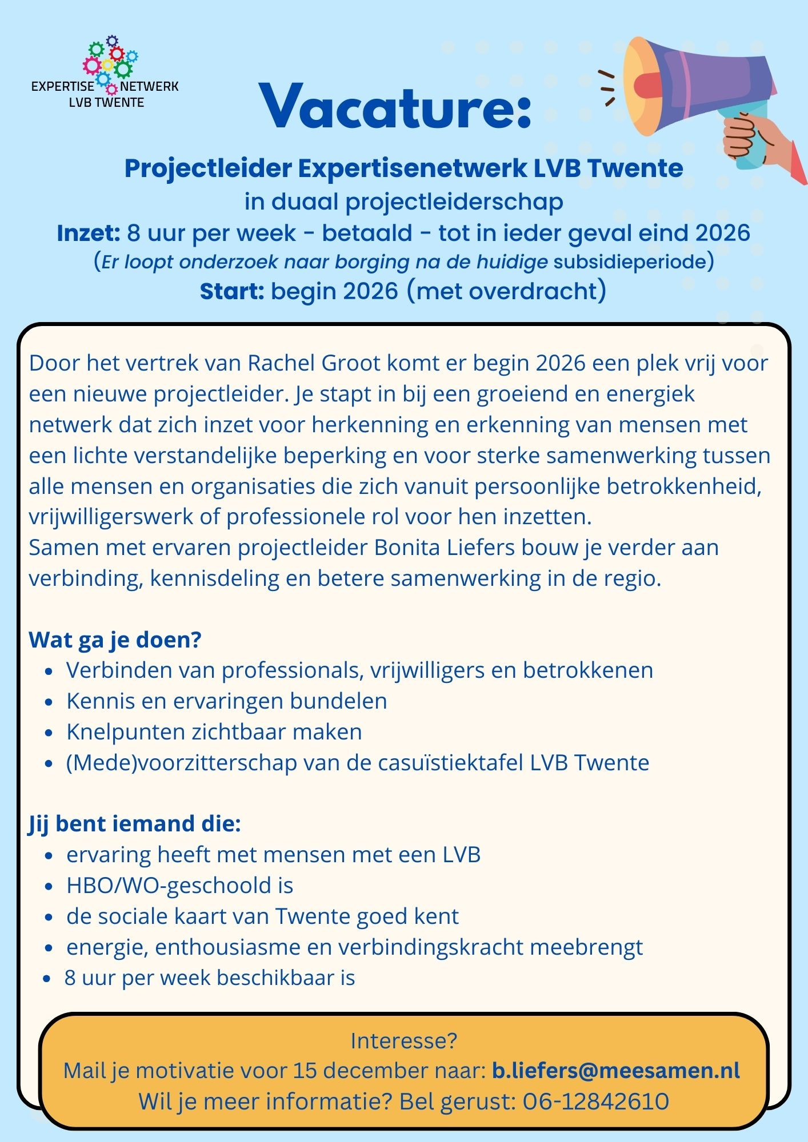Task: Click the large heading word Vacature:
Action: point(395,107)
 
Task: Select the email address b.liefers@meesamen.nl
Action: point(615,1070)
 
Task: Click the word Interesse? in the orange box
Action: point(403,1040)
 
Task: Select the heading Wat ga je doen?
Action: point(115,640)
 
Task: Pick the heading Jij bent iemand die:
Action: point(134,823)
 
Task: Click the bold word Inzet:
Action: point(88,233)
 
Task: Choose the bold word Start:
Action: point(231,291)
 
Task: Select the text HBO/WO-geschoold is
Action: point(179,885)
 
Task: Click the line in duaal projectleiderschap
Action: point(403,202)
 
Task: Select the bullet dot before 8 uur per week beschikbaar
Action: point(48,979)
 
